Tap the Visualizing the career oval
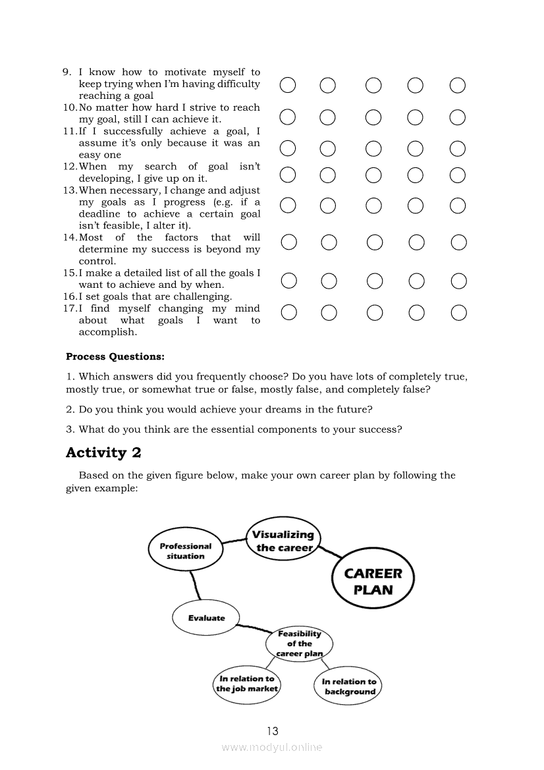pyautogui.click(x=284, y=540)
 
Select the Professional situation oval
pyautogui.click(x=186, y=551)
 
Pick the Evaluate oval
pyautogui.click(x=206, y=618)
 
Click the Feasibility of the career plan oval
pyautogui.click(x=299, y=644)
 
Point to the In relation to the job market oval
pyautogui.click(x=247, y=684)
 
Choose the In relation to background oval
pyautogui.click(x=349, y=686)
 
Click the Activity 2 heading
pyautogui.click(x=104, y=453)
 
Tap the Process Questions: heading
pyautogui.click(x=115, y=357)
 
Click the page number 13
pyautogui.click(x=273, y=730)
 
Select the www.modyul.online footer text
pyautogui.click(x=272, y=747)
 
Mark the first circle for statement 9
pyautogui.click(x=288, y=85)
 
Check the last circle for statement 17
pyautogui.click(x=459, y=312)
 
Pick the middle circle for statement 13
pyautogui.click(x=374, y=206)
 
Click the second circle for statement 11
pyautogui.click(x=327, y=148)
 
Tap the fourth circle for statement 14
pyautogui.click(x=416, y=243)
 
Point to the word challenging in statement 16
pyautogui.click(x=202, y=297)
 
